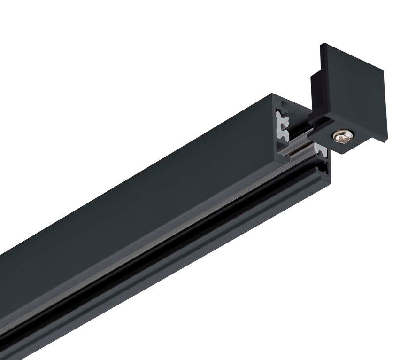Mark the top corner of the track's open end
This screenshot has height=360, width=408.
[274, 94]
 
